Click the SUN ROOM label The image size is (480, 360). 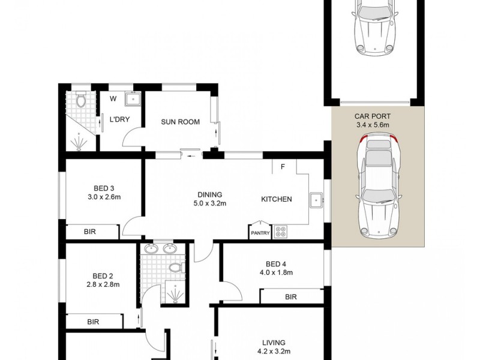180,122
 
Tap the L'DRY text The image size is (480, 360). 119,119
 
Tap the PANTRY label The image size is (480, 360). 260,233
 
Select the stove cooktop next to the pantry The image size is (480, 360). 281,232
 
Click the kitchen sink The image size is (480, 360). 316,200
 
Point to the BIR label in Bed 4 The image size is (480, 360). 291,296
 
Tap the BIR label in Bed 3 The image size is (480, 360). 91,232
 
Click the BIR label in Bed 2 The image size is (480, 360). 93,322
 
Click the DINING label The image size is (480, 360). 210,194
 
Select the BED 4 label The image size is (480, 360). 276,263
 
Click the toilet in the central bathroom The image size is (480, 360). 175,267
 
